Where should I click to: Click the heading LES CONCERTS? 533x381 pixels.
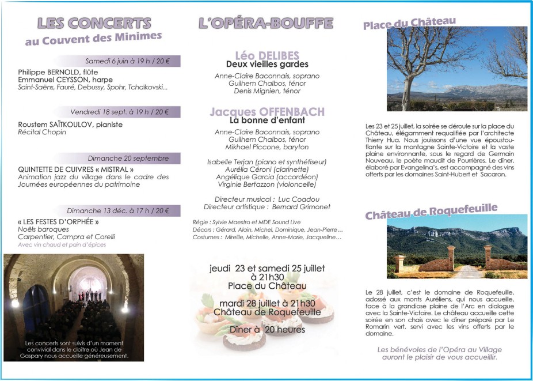[x=94, y=23]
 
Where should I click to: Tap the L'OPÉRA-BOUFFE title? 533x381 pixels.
[x=265, y=23]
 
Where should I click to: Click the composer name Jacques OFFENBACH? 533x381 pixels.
[x=267, y=112]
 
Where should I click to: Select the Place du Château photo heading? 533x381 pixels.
[x=409, y=24]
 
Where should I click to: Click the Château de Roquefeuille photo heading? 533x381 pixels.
[x=431, y=212]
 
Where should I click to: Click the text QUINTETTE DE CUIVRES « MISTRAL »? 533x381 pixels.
[x=76, y=169]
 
